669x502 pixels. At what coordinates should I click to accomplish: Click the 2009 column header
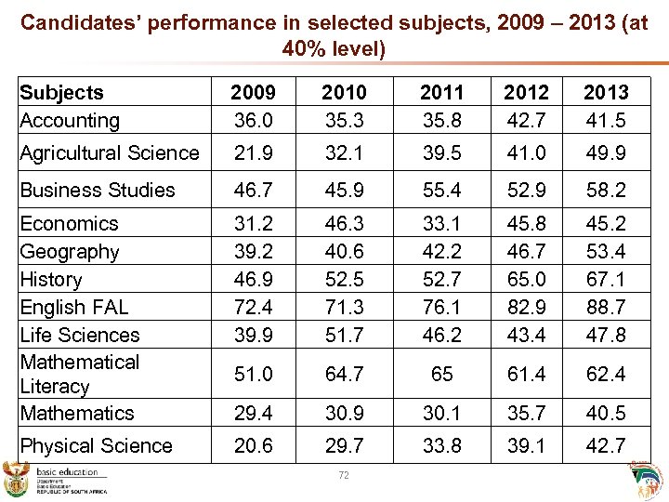[253, 93]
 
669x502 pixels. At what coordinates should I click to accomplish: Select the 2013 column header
[606, 93]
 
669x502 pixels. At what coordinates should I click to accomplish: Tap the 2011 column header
[442, 93]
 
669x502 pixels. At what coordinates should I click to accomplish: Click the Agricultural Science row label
[110, 153]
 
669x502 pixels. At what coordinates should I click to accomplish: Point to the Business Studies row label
[98, 191]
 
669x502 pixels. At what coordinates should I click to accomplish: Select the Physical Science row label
[97, 446]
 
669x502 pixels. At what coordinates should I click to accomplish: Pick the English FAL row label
[74, 307]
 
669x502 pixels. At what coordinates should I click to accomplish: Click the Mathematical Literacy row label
[79, 374]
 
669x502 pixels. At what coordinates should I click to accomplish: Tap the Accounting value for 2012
[527, 120]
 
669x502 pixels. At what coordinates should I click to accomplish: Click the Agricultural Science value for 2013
[606, 153]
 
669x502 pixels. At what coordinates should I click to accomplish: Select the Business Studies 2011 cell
[442, 191]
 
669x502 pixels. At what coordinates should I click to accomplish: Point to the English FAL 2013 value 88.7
[606, 307]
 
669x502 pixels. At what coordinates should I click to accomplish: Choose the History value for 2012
[527, 279]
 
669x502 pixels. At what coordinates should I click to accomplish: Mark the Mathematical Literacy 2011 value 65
[442, 375]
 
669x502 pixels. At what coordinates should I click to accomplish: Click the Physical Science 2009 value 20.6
[253, 446]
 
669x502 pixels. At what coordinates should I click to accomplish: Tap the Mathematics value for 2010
[344, 413]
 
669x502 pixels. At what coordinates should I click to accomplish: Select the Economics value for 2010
[344, 224]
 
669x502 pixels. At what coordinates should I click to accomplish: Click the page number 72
[344, 476]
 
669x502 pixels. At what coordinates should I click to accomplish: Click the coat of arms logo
[18, 478]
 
